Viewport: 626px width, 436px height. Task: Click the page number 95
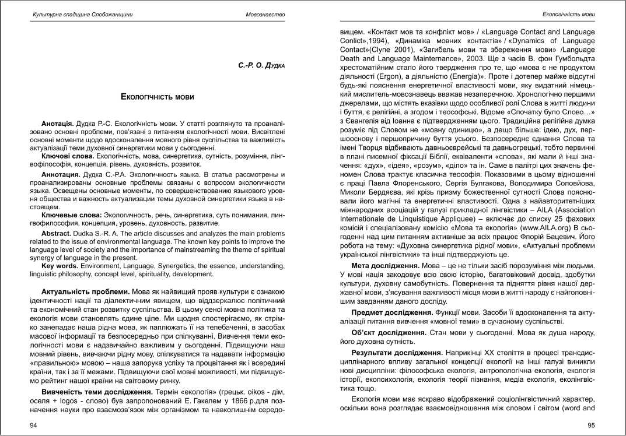(591, 425)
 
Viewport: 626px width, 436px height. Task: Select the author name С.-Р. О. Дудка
(261, 65)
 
